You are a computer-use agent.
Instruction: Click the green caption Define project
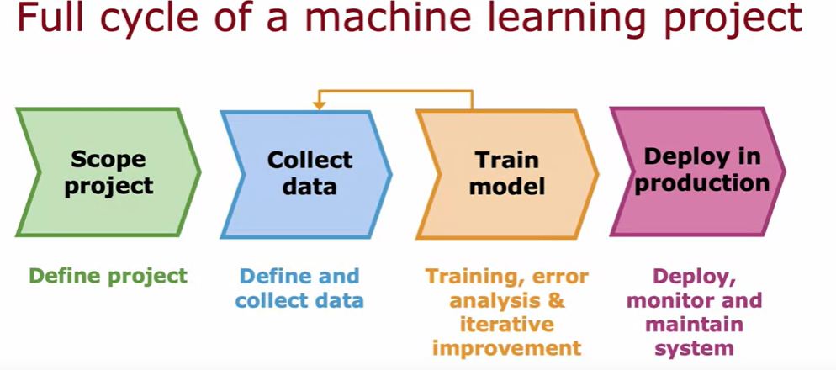point(108,276)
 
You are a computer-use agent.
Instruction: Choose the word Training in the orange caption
point(472,276)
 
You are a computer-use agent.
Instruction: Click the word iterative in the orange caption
point(507,324)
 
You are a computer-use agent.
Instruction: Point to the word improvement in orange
point(507,348)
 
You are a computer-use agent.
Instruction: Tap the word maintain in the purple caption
point(695,324)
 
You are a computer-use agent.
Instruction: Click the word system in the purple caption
point(695,348)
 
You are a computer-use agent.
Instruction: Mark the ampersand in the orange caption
point(556,300)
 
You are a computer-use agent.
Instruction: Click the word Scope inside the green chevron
point(108,159)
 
